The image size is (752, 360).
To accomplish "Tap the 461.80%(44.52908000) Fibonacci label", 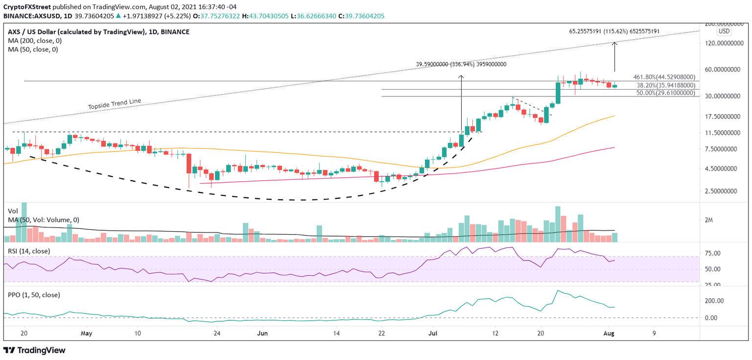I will click(x=664, y=77).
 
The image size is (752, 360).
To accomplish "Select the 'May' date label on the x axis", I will click(x=86, y=334).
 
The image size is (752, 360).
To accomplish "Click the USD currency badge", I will click(x=724, y=31).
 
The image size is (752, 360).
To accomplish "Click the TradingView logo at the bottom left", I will click(x=34, y=351).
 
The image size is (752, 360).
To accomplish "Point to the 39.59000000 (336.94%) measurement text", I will click(x=461, y=64).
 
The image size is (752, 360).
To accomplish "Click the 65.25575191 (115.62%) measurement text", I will click(x=614, y=31).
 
